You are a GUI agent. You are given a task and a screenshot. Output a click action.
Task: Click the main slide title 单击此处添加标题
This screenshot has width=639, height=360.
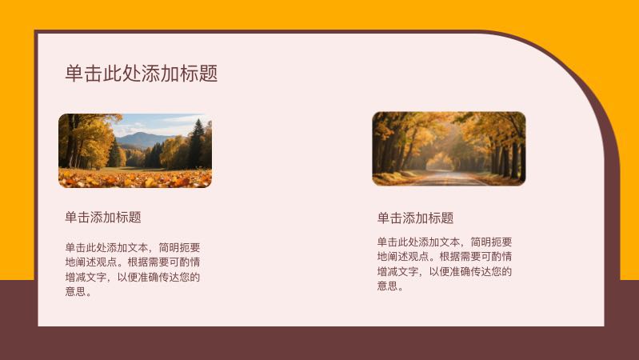142,74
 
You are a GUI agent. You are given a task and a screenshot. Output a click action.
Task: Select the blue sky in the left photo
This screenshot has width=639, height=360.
152,122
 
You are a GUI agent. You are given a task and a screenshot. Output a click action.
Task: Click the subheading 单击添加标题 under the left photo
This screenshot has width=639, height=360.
103,217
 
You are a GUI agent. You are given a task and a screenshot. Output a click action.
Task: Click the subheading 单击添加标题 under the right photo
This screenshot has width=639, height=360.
415,218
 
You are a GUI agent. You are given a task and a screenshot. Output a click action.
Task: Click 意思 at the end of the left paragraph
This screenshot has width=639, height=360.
75,291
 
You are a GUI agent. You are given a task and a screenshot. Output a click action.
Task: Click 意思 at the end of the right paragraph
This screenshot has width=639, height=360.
387,286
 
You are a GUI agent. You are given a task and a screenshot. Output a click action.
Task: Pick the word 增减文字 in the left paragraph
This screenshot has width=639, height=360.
86,277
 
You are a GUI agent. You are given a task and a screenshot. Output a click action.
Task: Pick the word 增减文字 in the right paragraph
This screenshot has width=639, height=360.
397,271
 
